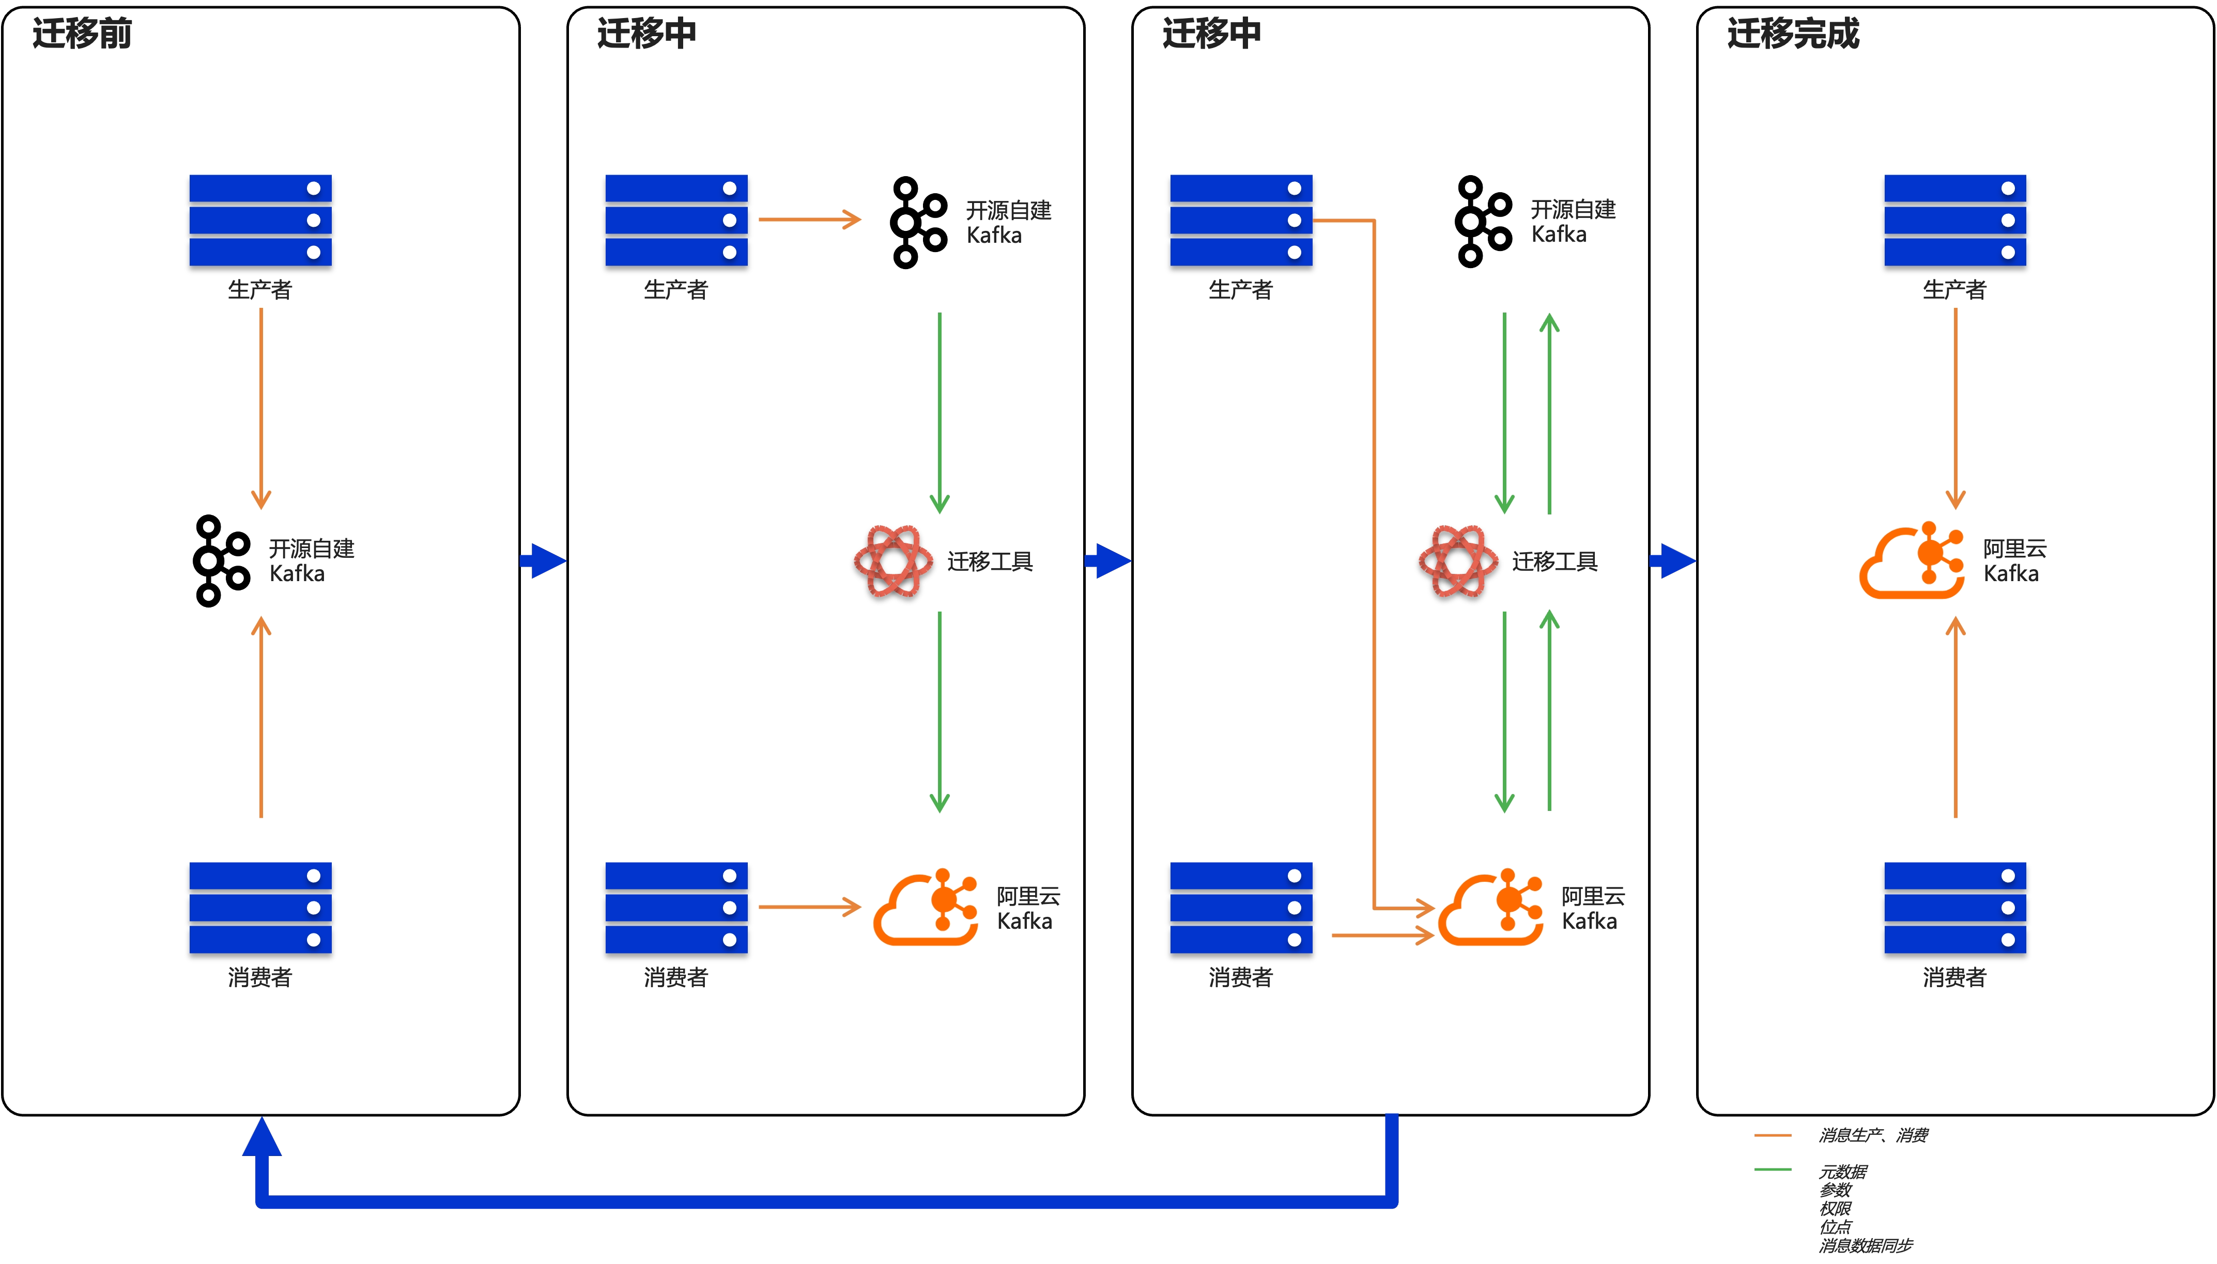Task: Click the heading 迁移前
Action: tap(82, 34)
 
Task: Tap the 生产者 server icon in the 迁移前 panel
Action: tap(260, 221)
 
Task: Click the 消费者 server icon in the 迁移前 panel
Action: tap(260, 908)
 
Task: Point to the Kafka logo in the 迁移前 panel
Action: tap(221, 561)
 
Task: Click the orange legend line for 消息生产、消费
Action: tap(1773, 1135)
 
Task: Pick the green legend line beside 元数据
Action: tap(1773, 1169)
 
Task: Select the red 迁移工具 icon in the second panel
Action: tap(894, 561)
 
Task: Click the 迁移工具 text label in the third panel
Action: tap(1554, 561)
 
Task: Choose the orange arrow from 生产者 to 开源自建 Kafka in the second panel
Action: tap(809, 220)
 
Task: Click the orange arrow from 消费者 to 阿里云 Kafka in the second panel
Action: tap(809, 907)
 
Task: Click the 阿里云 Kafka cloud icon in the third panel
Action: tap(1491, 907)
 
